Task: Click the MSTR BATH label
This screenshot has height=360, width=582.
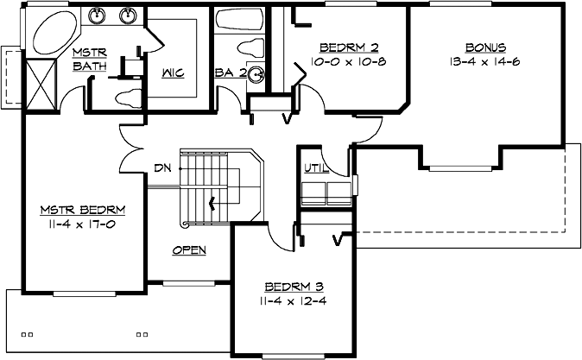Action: tap(89, 60)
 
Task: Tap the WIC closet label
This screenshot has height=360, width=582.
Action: tap(173, 73)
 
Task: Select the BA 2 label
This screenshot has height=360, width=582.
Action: tap(231, 73)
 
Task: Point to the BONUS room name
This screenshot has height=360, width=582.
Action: tap(484, 47)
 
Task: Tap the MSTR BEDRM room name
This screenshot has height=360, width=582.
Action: tap(84, 210)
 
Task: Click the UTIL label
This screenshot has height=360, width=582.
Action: tap(315, 167)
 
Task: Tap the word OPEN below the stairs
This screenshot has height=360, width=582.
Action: tap(188, 250)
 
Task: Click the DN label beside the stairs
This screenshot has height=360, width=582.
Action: tap(161, 167)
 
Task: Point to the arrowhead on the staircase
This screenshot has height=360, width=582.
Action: tap(211, 205)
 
